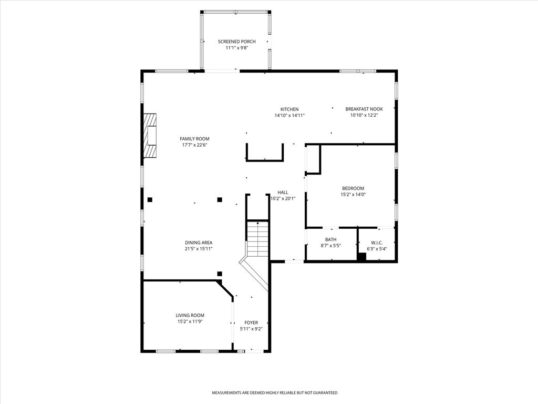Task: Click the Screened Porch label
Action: (x=237, y=42)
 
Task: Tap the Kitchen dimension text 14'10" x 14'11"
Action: (x=289, y=115)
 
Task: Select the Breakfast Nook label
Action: (x=364, y=109)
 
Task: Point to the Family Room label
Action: (x=194, y=139)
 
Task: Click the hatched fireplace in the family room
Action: (x=150, y=136)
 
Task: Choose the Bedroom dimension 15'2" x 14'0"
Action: (x=353, y=195)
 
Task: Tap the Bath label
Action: (x=331, y=239)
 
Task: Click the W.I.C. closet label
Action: (x=377, y=243)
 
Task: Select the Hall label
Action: (x=283, y=193)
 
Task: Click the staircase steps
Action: (x=257, y=239)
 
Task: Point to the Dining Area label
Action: (x=199, y=243)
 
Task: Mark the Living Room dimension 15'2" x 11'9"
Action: (x=190, y=321)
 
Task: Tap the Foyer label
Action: (x=251, y=322)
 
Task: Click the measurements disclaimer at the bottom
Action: (x=274, y=392)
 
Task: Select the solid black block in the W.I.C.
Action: (x=362, y=257)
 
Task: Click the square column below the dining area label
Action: (x=220, y=274)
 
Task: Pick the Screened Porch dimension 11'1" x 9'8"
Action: (x=237, y=48)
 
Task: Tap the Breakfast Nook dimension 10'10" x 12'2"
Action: (x=364, y=115)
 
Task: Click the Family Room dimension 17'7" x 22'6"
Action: (x=194, y=145)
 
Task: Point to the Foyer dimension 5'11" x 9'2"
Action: (x=251, y=329)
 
